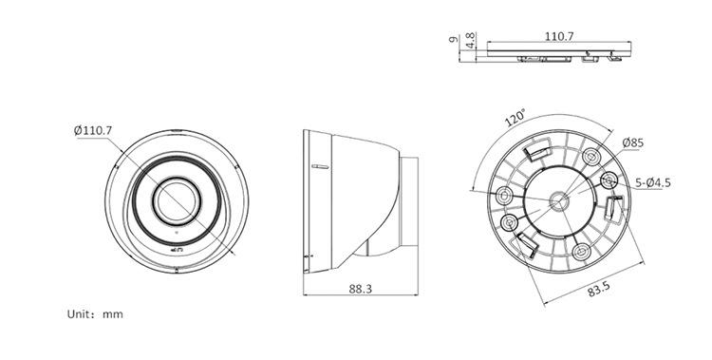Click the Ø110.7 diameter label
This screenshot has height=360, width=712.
93,131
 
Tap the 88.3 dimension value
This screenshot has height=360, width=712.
360,289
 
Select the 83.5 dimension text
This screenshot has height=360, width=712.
599,289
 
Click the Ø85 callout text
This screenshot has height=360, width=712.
633,142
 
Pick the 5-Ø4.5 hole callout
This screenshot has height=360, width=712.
652,182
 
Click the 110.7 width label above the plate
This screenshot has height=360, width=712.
559,36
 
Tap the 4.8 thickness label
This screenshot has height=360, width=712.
471,40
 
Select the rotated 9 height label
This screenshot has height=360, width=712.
453,40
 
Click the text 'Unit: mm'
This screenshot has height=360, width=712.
95,314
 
